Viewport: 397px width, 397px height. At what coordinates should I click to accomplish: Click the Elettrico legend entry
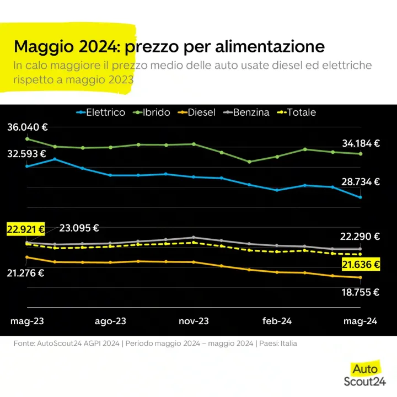pos(100,112)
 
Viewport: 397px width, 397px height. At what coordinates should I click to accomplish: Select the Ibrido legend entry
pos(152,112)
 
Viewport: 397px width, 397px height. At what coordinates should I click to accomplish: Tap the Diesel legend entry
pos(196,112)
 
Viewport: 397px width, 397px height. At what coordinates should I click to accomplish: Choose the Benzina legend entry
pos(246,112)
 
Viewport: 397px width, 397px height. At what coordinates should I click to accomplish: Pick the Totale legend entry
pos(297,112)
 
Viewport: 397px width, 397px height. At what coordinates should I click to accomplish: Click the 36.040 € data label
pos(28,127)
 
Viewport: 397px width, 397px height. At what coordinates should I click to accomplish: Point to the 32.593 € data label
pos(26,154)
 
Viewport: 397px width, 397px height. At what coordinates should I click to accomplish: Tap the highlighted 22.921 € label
pos(25,229)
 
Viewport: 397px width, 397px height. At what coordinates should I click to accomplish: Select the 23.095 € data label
pos(79,228)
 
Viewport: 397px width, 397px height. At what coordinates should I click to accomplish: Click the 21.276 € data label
pos(25,273)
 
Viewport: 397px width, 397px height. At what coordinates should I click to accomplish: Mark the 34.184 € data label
pos(361,143)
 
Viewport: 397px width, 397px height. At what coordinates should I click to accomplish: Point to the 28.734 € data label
pos(361,182)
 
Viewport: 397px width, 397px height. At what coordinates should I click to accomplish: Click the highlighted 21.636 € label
pos(361,265)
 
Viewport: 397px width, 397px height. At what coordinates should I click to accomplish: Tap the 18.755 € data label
pos(360,292)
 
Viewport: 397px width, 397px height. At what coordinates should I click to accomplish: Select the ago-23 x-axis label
pos(110,321)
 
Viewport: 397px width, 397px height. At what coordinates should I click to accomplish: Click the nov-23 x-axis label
pos(194,321)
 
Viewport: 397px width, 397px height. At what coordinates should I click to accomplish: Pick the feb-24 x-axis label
pos(277,321)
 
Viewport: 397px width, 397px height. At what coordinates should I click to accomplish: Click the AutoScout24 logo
pos(365,375)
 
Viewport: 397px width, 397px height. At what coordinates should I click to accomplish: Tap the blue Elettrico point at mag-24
pos(360,197)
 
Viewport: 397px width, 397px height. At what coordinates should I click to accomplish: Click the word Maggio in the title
pos(44,46)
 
